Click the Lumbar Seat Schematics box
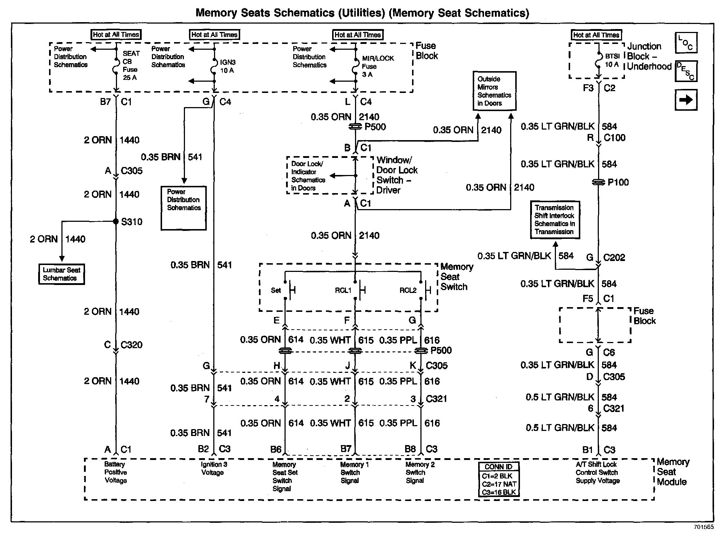[61, 274]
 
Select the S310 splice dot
[116, 221]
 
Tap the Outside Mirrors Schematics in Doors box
[494, 91]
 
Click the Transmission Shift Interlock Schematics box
[554, 220]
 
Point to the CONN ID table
[499, 480]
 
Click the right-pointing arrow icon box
[686, 100]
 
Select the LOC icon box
[686, 43]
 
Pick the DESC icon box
[686, 72]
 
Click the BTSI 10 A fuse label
[612, 60]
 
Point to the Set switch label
[276, 290]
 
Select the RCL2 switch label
[408, 290]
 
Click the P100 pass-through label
[618, 182]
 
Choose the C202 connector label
[614, 257]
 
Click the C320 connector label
[131, 345]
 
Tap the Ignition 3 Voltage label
[214, 468]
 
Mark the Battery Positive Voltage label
[116, 472]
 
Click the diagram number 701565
[703, 527]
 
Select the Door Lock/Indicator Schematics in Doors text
[308, 176]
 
